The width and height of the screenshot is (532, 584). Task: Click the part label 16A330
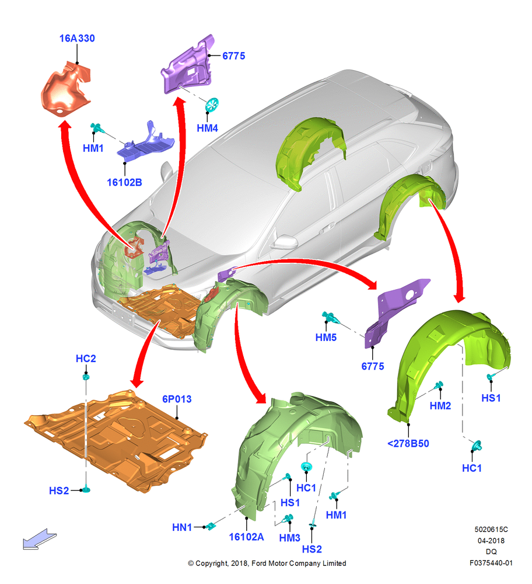tap(77, 39)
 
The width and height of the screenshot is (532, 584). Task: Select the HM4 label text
tap(207, 128)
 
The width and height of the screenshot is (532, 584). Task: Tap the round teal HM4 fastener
tap(212, 105)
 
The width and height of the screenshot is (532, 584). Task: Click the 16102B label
tap(124, 182)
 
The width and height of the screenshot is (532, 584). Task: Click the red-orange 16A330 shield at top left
tap(66, 90)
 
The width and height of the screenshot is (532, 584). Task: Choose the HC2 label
tap(86, 359)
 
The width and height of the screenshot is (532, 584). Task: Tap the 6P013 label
tap(177, 399)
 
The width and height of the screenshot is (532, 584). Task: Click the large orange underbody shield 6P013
tap(116, 440)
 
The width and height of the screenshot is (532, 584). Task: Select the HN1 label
tap(182, 527)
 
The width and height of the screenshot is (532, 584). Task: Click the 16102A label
tap(246, 537)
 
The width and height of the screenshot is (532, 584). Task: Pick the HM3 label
tap(289, 538)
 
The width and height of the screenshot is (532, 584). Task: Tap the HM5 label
tap(326, 338)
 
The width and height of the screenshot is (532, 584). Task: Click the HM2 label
tap(440, 406)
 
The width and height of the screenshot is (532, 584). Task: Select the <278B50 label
tap(408, 444)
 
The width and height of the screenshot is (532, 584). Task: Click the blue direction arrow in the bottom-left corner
tap(40, 539)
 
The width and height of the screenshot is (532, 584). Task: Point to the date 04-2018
tap(491, 541)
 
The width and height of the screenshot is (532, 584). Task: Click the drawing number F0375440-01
tap(491, 563)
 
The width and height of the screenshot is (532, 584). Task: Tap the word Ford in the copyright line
tap(260, 564)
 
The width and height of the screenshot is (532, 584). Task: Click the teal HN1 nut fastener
tap(211, 526)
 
